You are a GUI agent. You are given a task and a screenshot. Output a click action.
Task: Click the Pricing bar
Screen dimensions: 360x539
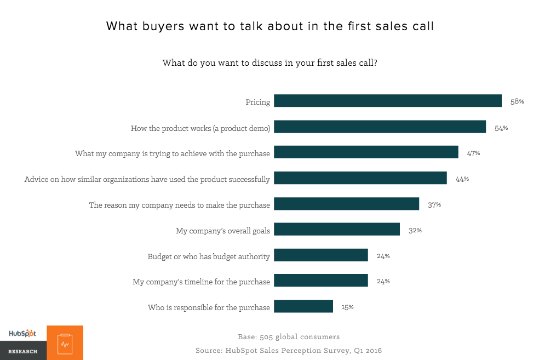[387, 101]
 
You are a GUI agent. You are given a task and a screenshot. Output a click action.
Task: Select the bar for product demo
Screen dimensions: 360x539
[380, 127]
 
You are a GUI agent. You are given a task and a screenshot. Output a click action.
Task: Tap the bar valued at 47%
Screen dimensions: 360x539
[365, 152]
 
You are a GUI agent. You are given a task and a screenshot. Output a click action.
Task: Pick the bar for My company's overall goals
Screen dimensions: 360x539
[336, 230]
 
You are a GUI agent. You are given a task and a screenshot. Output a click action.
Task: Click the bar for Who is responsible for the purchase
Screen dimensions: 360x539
[303, 306]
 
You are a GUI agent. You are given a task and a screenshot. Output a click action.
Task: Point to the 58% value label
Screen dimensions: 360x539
[517, 101]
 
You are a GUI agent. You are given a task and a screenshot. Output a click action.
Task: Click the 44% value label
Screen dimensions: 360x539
[462, 179]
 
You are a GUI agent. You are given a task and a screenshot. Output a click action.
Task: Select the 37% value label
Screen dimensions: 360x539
[434, 204]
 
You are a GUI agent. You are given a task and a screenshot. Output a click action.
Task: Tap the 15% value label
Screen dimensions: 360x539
[347, 307]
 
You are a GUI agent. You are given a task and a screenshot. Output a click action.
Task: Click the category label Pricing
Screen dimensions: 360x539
[257, 102]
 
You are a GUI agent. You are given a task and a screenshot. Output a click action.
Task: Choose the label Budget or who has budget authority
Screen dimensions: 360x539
[209, 256]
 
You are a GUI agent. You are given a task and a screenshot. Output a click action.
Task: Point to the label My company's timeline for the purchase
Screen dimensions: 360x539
[201, 282]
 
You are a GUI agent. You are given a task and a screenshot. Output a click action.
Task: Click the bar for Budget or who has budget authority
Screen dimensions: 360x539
[320, 255]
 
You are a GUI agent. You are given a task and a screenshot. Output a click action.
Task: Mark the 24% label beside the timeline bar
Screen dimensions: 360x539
[383, 281]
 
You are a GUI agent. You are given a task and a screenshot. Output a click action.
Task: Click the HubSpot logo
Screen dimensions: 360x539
[22, 333]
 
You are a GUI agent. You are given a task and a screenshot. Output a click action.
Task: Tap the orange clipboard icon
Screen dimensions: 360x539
[65, 343]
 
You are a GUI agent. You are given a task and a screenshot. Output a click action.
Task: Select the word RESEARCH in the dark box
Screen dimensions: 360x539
[22, 351]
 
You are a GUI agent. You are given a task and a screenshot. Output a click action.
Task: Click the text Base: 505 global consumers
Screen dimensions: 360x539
[288, 336]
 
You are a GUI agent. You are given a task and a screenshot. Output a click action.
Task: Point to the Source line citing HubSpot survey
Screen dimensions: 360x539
[288, 350]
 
